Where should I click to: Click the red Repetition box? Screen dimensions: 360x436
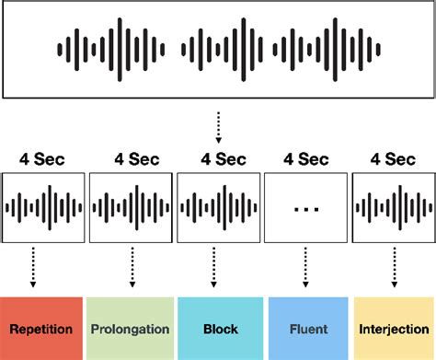tap(42, 328)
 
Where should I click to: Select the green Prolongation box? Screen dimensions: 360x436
tap(130, 328)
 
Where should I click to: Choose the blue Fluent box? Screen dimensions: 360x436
tap(305, 328)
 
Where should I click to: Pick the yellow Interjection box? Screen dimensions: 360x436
tap(393, 328)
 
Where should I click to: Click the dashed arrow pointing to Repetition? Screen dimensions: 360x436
tap(33, 267)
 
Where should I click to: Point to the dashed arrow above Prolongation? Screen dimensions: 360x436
tap(131, 267)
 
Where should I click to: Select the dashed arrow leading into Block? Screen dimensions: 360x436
tap(218, 267)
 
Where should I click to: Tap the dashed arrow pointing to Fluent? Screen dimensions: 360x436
tap(305, 267)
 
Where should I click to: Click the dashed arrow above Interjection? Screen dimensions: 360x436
tap(393, 267)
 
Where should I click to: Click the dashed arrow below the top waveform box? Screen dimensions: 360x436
tap(218, 127)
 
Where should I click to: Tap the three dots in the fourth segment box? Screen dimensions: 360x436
tap(305, 209)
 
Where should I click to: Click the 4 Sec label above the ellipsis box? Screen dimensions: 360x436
tap(305, 158)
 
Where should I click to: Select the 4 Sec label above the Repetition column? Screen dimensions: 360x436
tap(42, 158)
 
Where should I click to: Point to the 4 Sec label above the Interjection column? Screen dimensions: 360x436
tap(393, 158)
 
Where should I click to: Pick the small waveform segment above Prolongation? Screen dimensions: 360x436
tap(131, 208)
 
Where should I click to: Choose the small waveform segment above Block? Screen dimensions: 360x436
tap(218, 208)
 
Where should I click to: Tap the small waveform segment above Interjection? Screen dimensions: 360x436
tap(393, 208)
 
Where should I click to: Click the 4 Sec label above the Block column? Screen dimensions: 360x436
tap(218, 158)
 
